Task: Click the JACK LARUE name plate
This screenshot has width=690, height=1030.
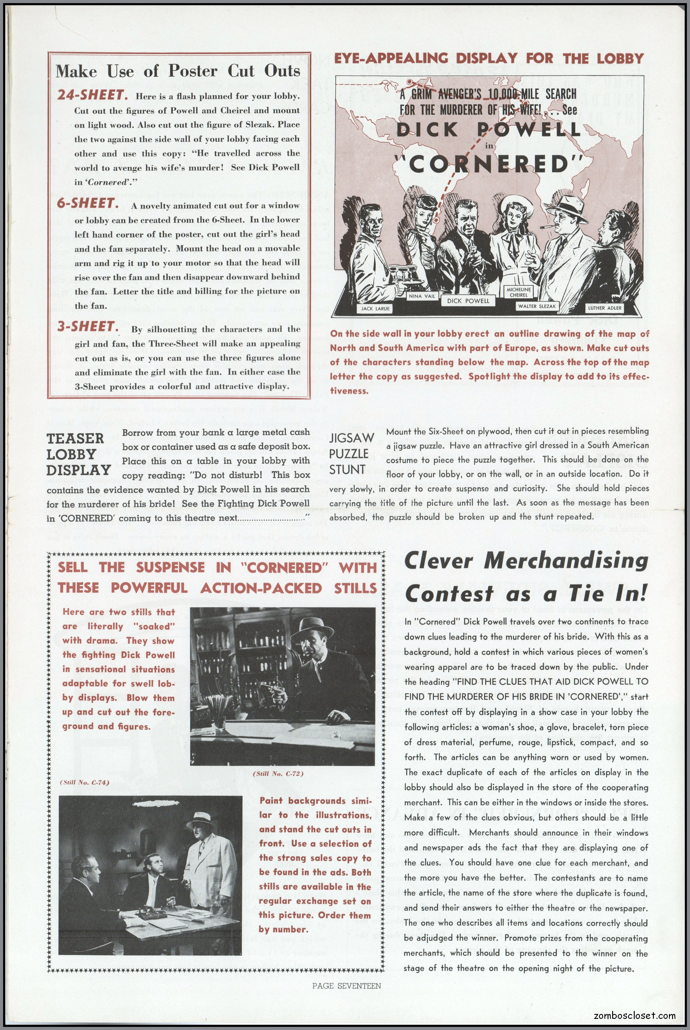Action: coord(375,309)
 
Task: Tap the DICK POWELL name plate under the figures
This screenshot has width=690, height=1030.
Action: coord(468,301)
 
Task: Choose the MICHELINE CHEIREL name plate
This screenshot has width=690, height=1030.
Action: coord(519,292)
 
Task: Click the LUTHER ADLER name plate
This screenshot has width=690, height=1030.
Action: coord(605,308)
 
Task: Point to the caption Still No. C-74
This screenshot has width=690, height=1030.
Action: coord(84,782)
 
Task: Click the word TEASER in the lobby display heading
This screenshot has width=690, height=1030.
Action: coord(75,439)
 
